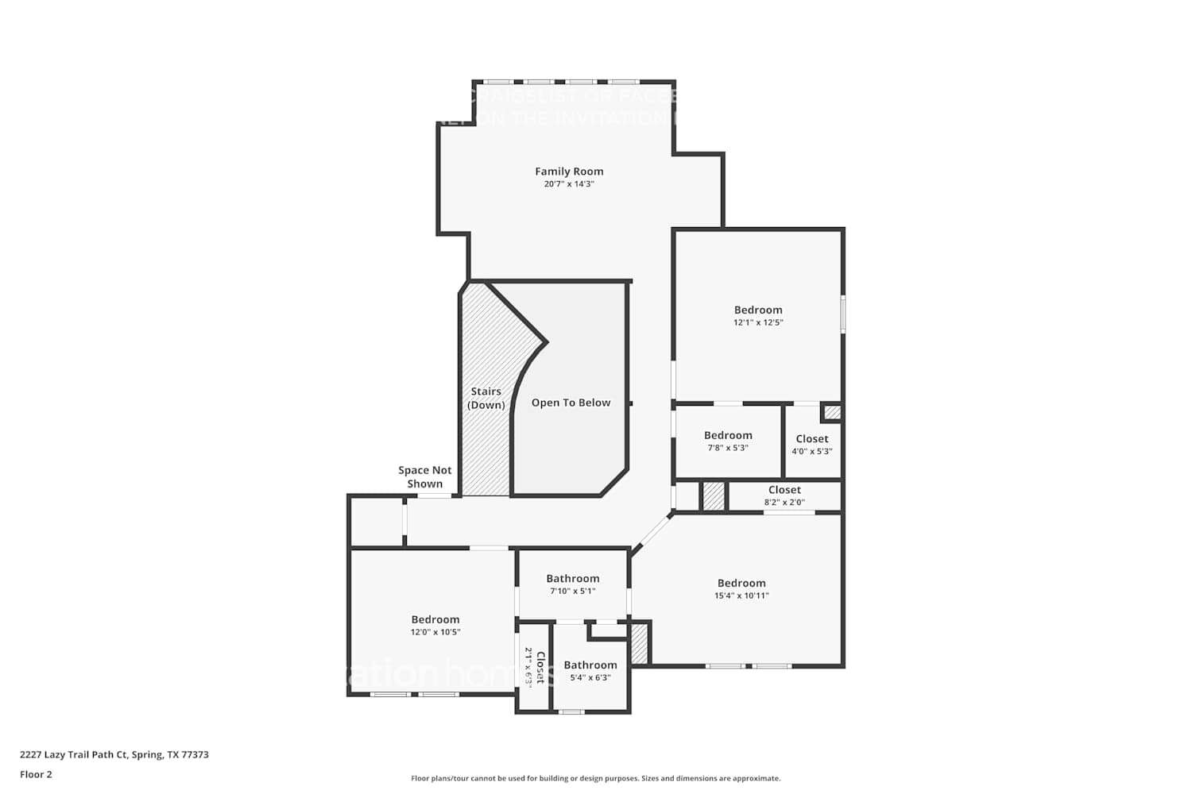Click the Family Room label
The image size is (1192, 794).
tap(569, 172)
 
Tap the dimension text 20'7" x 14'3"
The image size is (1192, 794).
tap(569, 184)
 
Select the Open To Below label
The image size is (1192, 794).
tap(571, 403)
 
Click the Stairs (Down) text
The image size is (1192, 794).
tap(486, 398)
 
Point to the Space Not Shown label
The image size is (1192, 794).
tap(424, 477)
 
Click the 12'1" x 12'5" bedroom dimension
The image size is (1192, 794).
tap(758, 322)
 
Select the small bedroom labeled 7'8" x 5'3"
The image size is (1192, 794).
tap(728, 441)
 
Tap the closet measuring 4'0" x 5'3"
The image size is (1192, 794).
tap(811, 445)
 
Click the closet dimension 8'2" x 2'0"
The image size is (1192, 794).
tap(784, 502)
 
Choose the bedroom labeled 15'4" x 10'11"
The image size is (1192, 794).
tap(741, 589)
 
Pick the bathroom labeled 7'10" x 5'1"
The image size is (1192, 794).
tap(572, 584)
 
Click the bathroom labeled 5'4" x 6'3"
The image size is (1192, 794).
tap(590, 671)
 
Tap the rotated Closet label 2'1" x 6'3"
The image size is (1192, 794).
tap(534, 667)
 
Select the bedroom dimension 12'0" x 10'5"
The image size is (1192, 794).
tap(435, 632)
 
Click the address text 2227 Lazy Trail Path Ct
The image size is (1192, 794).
tap(114, 755)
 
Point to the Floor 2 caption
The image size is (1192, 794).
tap(36, 774)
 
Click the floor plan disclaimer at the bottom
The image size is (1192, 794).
tap(595, 779)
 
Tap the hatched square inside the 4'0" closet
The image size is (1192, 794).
tap(831, 412)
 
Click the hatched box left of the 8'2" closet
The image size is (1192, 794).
tap(714, 496)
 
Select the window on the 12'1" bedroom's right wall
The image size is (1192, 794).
tap(843, 314)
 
